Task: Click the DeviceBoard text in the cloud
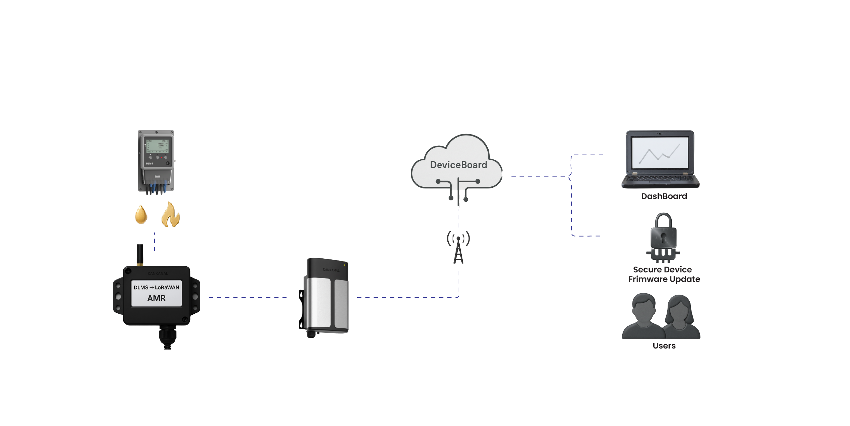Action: [x=458, y=165]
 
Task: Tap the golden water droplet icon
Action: [x=141, y=214]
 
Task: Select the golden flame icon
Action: [x=170, y=215]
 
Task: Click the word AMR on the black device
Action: [x=156, y=298]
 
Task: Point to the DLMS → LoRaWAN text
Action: [x=156, y=287]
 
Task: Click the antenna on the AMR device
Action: [x=140, y=254]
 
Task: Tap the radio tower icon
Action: [x=458, y=247]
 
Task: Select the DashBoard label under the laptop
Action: [x=664, y=196]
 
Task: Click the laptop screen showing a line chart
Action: [x=660, y=153]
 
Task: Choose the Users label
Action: [x=664, y=346]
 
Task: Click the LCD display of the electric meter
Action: [x=157, y=146]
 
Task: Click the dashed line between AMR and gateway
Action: [x=248, y=298]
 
